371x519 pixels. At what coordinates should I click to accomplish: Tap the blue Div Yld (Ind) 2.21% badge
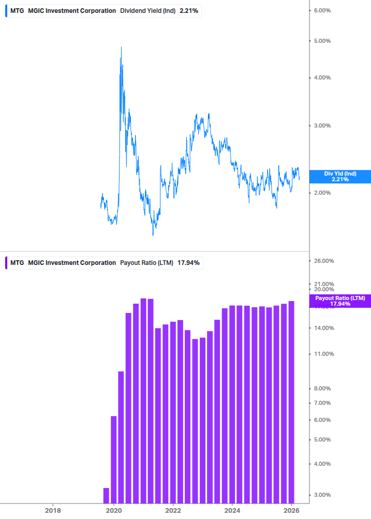point(340,177)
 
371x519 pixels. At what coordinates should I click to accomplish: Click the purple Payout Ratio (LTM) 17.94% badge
point(340,301)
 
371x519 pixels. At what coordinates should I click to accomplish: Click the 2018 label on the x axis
point(53,510)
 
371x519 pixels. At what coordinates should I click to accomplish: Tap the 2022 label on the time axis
point(173,510)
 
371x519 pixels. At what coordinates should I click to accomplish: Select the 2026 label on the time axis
point(292,510)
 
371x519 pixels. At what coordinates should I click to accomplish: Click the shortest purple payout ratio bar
point(106,495)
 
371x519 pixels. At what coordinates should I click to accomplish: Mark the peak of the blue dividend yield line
point(121,47)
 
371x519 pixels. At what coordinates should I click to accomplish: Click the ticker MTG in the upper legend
point(17,11)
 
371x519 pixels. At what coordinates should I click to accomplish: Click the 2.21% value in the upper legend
point(189,11)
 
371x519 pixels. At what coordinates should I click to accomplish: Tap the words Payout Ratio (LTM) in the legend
point(147,263)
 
